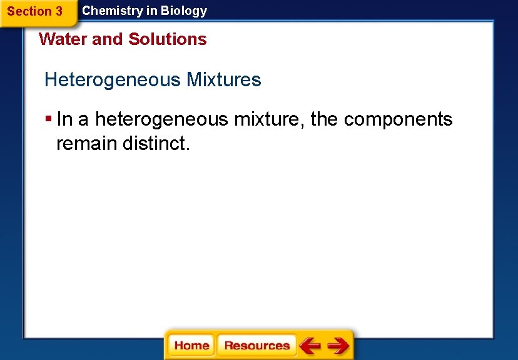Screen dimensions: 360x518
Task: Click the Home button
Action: click(x=191, y=346)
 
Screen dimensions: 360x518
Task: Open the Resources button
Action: click(x=256, y=346)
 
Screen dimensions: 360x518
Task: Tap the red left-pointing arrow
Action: click(x=310, y=346)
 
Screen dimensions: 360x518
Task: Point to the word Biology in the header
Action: click(x=184, y=11)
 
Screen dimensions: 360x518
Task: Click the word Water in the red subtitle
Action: click(x=63, y=39)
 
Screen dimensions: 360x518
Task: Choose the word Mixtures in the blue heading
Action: click(x=223, y=80)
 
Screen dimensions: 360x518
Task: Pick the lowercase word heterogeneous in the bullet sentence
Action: click(x=161, y=119)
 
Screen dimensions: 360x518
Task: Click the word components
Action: click(x=398, y=119)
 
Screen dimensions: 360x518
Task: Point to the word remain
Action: click(x=87, y=143)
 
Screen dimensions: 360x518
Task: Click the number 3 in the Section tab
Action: click(x=58, y=11)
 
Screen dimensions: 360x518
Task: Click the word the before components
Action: click(x=324, y=119)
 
